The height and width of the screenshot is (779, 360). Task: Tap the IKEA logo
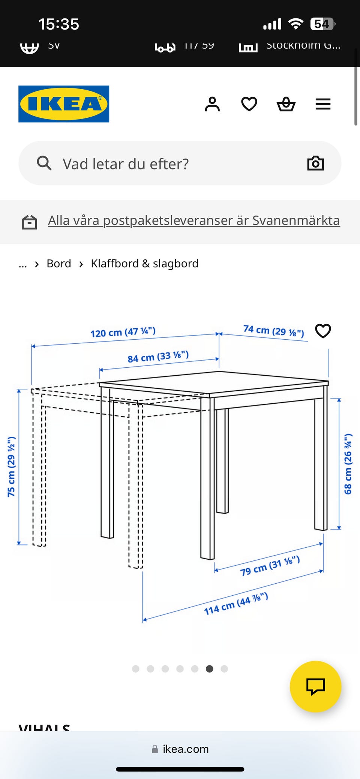[x=64, y=104]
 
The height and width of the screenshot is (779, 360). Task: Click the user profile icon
[x=212, y=104]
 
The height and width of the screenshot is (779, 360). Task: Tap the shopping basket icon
[x=286, y=104]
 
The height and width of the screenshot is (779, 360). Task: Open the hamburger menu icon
[x=323, y=104]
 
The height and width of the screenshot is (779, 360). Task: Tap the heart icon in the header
[x=249, y=104]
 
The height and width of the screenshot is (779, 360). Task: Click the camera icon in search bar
[x=315, y=163]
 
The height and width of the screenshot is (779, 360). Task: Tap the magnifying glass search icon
[x=44, y=163]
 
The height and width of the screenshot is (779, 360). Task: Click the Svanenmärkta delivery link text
[x=193, y=220]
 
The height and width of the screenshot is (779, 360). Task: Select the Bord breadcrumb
[x=59, y=264]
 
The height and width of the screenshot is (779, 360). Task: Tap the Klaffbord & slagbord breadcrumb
[x=144, y=264]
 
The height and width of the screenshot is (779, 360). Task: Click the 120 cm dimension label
[x=123, y=332]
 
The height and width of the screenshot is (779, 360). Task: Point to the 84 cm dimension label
[x=158, y=357]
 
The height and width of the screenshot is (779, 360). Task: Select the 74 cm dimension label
[x=273, y=331]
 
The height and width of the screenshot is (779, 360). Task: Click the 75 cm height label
[x=12, y=467]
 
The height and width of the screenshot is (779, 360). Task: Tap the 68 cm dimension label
[x=348, y=464]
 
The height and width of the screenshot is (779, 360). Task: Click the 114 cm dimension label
[x=236, y=604]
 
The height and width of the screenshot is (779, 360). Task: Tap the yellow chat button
[x=315, y=686]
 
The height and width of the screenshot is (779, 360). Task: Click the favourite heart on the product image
[x=323, y=331]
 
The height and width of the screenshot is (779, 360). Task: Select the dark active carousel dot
[x=210, y=669]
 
